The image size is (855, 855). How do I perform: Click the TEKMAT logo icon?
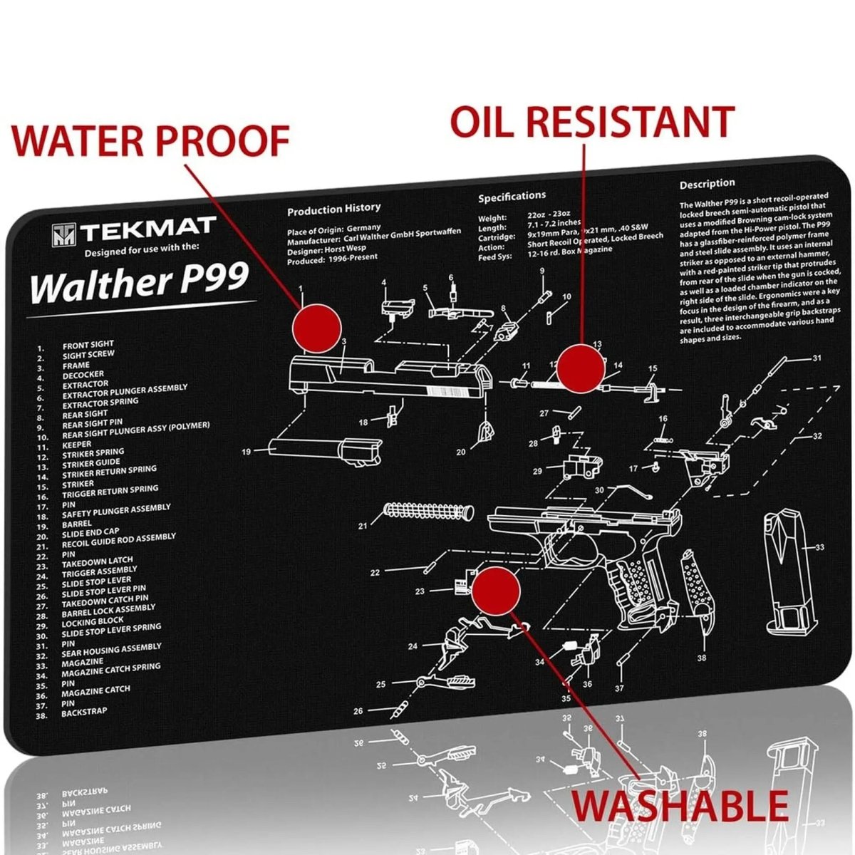coord(63,234)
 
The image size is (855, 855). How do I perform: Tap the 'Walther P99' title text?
coord(139,283)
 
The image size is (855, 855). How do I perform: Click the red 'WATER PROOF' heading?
coord(151,140)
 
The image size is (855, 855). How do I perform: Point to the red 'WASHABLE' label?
coord(681,806)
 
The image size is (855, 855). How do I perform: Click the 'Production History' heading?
coord(333,209)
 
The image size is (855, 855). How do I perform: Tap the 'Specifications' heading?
coord(512,196)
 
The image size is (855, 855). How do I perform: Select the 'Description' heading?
coord(707,184)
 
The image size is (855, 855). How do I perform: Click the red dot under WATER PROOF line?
coord(317,327)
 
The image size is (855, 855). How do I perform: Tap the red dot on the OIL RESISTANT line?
coord(581,368)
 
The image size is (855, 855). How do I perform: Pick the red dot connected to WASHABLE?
coord(496,590)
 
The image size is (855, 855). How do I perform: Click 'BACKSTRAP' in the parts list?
coord(84,712)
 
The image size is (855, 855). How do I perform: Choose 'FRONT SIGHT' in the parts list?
coord(88,345)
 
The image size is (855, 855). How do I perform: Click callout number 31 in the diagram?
coord(817,358)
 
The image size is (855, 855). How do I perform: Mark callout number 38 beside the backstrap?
coord(702,658)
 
